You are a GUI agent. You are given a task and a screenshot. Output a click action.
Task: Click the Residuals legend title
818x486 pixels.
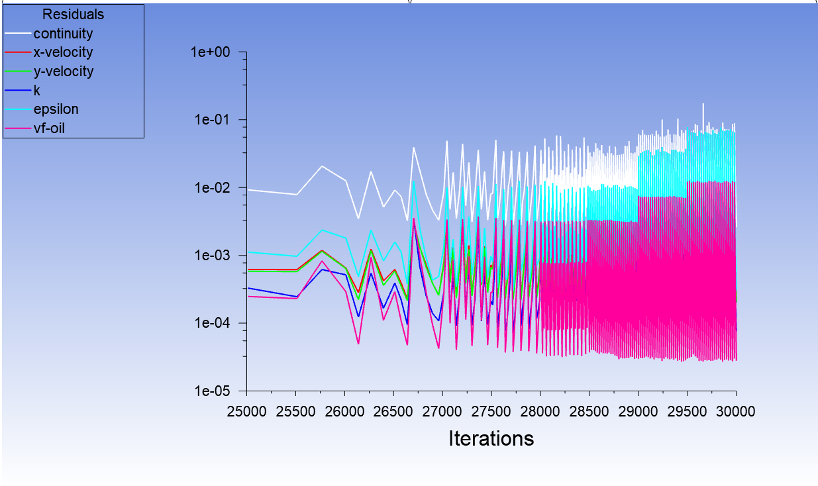[x=73, y=14]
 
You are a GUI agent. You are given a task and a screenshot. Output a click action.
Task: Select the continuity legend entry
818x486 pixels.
[x=63, y=33]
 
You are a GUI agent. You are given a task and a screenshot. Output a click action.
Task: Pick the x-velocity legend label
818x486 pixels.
[x=63, y=52]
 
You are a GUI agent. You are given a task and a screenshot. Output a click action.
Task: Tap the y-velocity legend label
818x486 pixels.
[x=64, y=72]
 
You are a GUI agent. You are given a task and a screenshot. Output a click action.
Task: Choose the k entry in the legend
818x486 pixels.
[x=37, y=91]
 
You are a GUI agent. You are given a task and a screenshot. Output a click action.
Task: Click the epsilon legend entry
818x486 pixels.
[x=56, y=109]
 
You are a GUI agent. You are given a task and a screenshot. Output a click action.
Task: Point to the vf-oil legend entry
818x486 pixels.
[x=49, y=128]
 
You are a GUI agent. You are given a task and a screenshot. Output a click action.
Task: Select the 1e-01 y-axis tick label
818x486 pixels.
[x=215, y=120]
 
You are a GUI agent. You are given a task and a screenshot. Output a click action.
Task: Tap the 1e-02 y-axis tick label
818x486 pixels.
[x=215, y=188]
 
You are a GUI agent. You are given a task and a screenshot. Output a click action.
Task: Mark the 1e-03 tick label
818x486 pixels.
[x=215, y=256]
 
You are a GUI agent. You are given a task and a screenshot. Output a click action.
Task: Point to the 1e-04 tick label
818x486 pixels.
[x=215, y=323]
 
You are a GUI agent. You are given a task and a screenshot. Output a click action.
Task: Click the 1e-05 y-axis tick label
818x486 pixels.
[x=215, y=391]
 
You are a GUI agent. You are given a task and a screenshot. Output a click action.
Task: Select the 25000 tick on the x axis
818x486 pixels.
[x=247, y=412]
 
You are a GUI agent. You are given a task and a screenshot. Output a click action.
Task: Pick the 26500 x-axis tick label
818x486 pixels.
[x=393, y=412]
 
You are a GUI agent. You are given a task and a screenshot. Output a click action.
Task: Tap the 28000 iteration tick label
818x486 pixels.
[x=540, y=412]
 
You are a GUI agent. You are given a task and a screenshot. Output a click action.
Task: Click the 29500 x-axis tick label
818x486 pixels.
[x=687, y=412]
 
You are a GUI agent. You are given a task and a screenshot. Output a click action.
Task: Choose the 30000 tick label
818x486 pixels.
[x=735, y=412]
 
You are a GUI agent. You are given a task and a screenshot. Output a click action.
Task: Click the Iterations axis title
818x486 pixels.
[x=491, y=438]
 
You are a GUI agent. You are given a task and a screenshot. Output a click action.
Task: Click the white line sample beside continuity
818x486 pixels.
[x=18, y=33]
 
